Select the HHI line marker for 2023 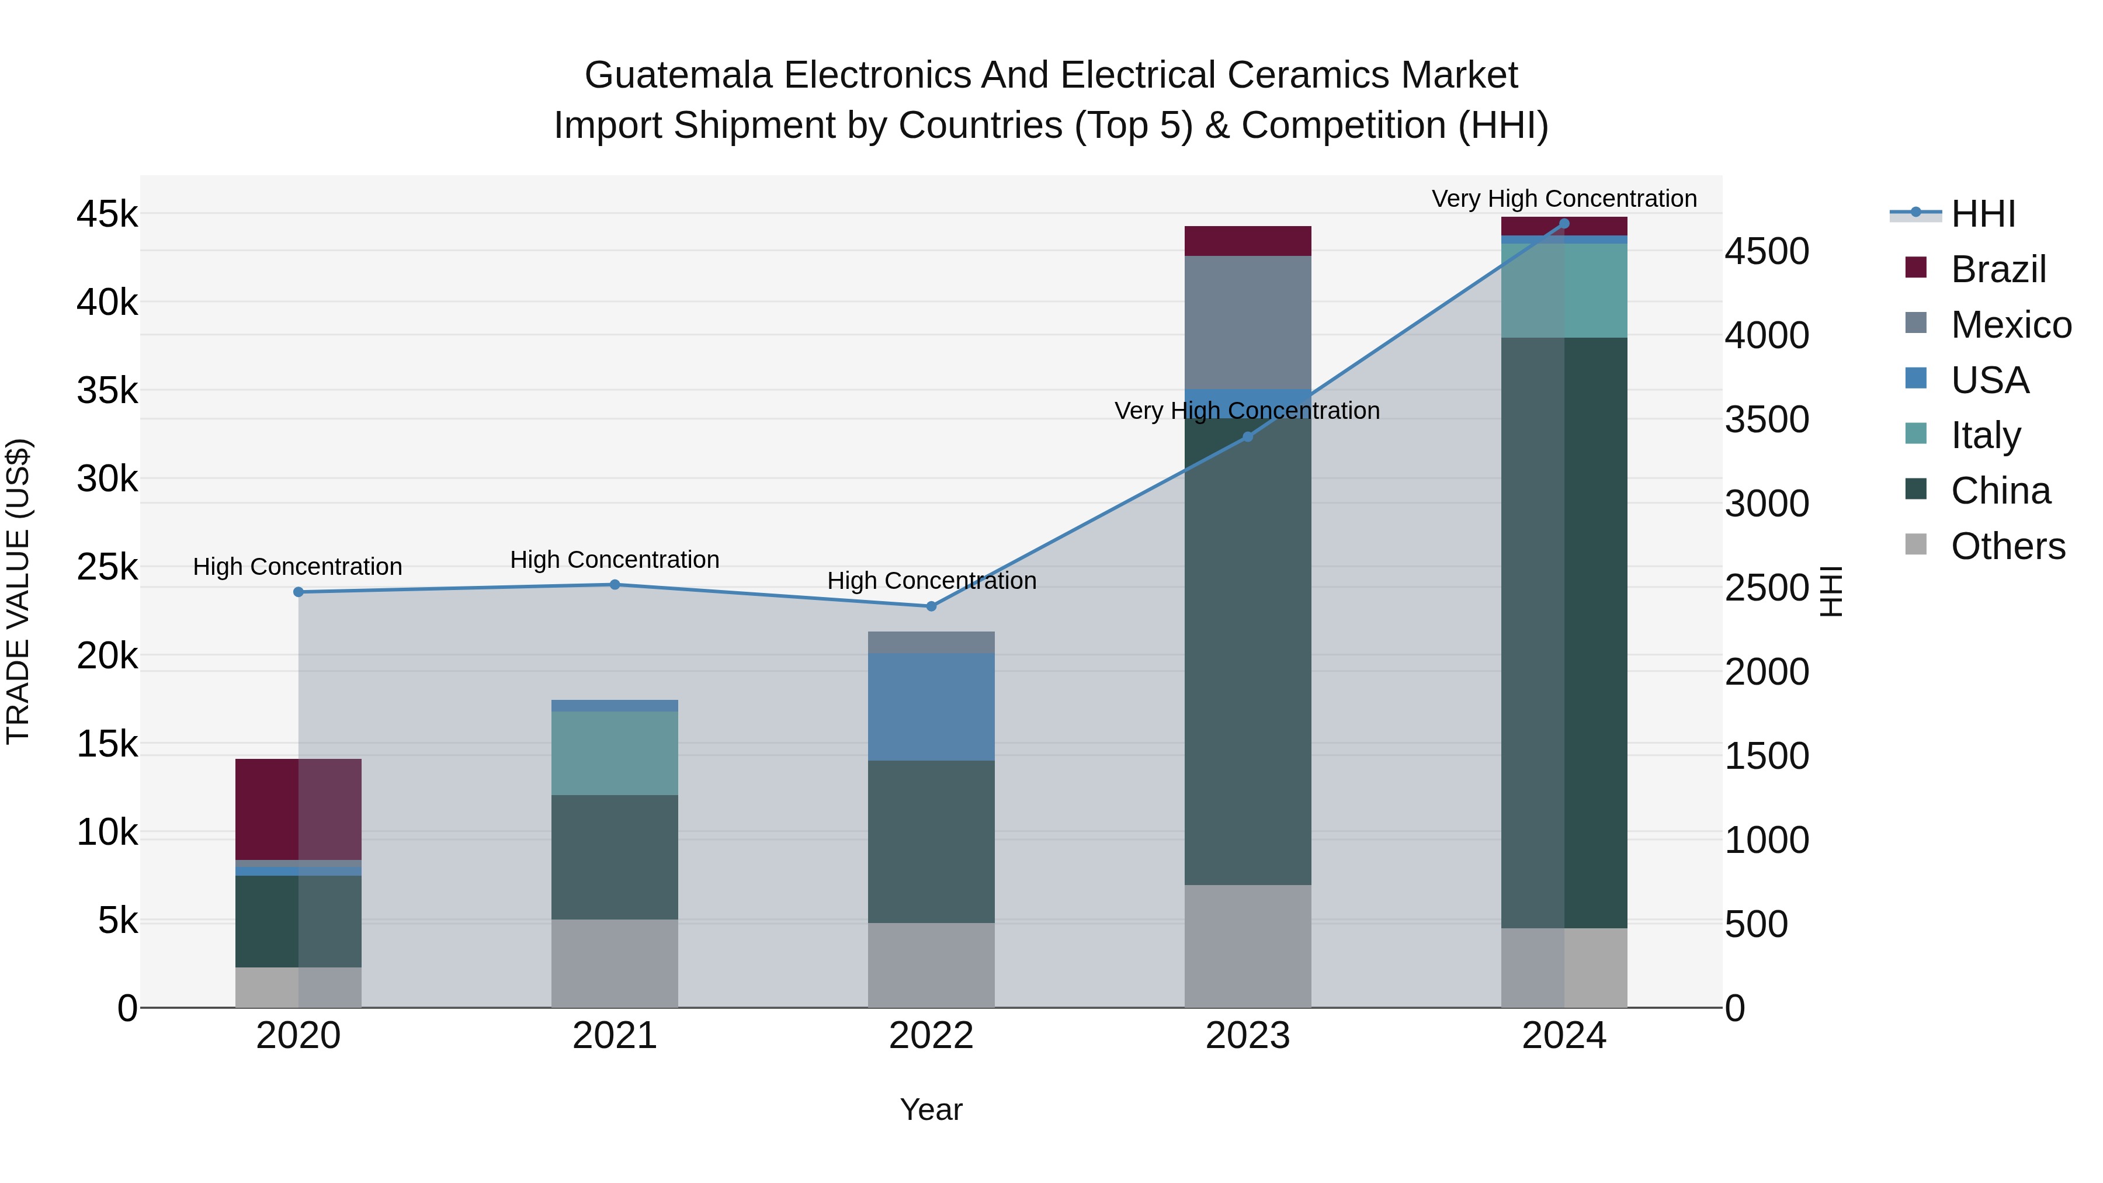(1247, 438)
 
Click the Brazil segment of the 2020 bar (298, 809)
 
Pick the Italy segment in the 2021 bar (615, 753)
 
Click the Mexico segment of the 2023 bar (1247, 322)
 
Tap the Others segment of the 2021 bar (615, 963)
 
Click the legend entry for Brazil (1998, 269)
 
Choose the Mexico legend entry (2010, 325)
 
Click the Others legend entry (2007, 546)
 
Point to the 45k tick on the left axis (107, 215)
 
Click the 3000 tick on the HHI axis (1767, 504)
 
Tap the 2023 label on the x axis (1247, 1036)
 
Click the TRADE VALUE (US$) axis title (18, 591)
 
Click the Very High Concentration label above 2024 (1564, 199)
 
